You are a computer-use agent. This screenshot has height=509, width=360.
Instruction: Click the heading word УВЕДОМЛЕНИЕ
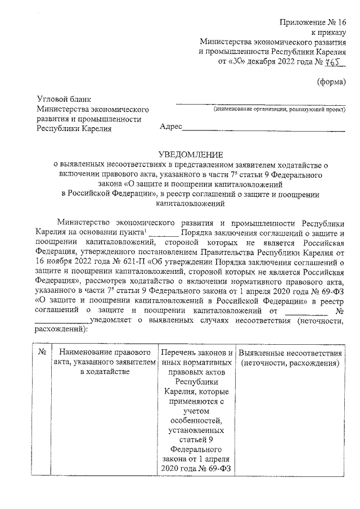[190, 155]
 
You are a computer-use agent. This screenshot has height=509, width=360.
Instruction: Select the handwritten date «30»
[237, 61]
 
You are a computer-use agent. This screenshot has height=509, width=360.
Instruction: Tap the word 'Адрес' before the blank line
[171, 128]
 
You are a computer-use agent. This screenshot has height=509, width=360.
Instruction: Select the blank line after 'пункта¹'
[164, 232]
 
